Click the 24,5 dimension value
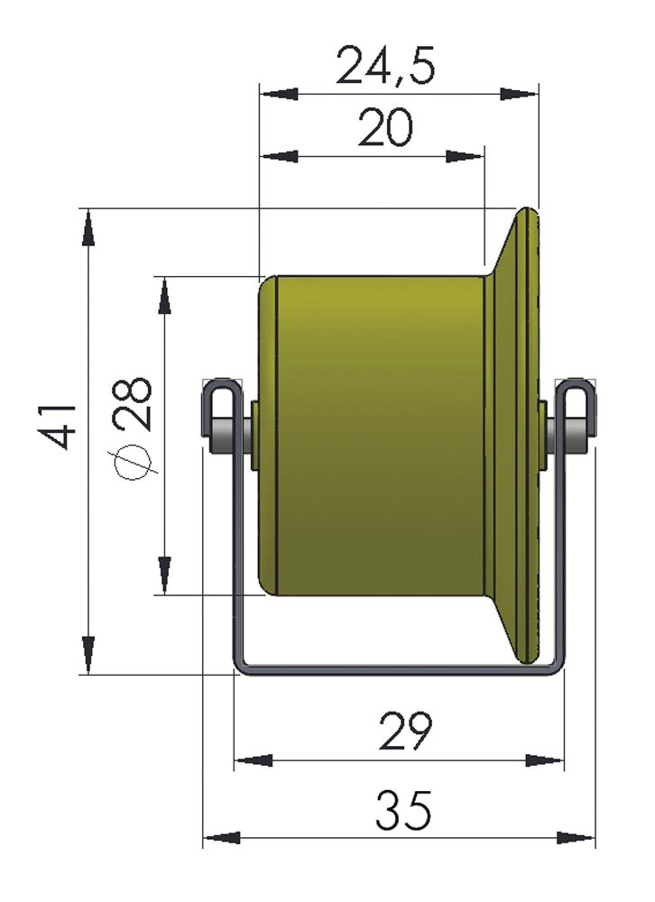tap(384, 65)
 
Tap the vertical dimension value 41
tap(59, 426)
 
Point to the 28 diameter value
tap(134, 404)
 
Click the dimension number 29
tap(405, 732)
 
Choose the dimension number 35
tap(403, 811)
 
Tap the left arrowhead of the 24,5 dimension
tap(279, 93)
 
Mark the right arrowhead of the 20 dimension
tap(465, 156)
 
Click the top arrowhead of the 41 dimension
tap(88, 228)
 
